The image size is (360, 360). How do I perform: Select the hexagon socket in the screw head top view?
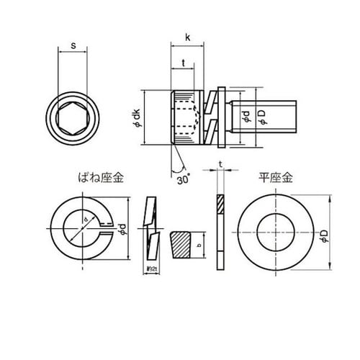click(72, 115)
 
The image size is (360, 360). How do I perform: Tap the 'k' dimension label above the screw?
click(187, 35)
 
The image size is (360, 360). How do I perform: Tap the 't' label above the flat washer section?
click(219, 166)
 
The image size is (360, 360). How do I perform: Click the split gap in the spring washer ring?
click(107, 231)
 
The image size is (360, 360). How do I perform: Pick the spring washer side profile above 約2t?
click(150, 229)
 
